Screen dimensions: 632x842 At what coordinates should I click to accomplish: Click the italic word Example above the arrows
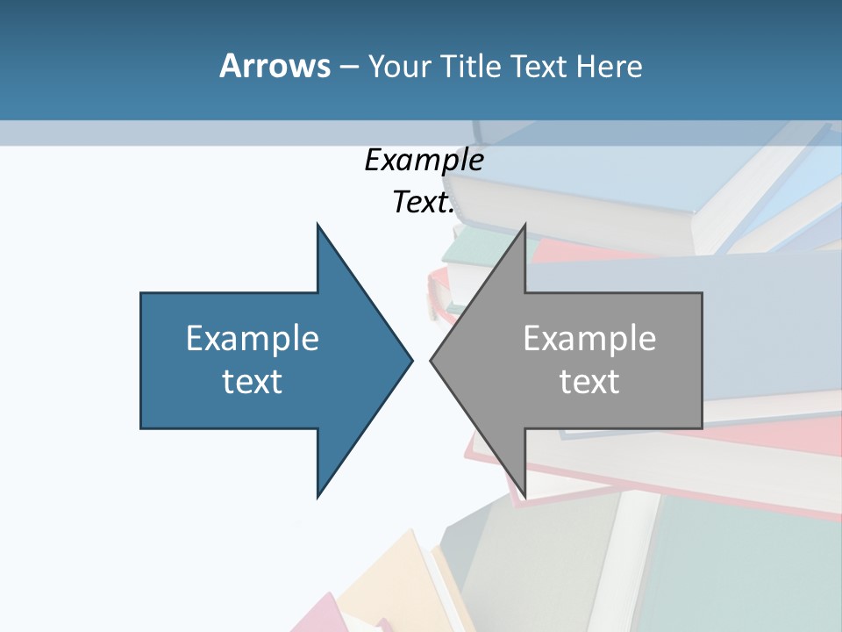tap(424, 160)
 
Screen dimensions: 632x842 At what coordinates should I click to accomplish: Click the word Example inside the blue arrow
tap(253, 339)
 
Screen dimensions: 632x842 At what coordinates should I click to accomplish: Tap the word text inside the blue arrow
tap(253, 381)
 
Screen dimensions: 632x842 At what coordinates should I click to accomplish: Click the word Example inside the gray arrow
tap(589, 339)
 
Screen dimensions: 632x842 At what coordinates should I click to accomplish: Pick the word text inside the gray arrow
tap(589, 381)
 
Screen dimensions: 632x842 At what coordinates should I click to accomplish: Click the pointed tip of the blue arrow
tap(410, 360)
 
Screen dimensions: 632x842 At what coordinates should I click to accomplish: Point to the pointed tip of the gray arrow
tap(432, 360)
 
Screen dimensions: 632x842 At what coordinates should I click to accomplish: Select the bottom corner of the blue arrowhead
tap(318, 495)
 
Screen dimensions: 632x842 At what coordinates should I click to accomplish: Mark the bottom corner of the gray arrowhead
tap(524, 495)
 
